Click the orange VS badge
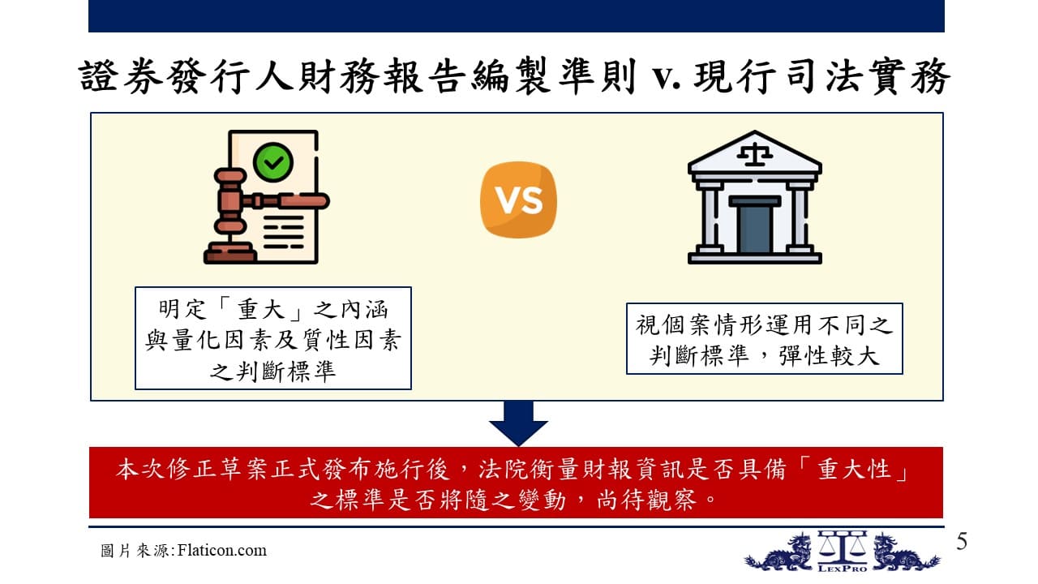pyautogui.click(x=518, y=200)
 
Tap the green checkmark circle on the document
pyautogui.click(x=273, y=161)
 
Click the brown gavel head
pyautogui.click(x=230, y=201)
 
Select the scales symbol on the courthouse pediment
pyautogui.click(x=754, y=154)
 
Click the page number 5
pyautogui.click(x=962, y=541)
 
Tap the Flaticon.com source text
pyautogui.click(x=222, y=550)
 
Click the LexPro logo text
pyautogui.click(x=843, y=569)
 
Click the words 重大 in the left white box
pyautogui.click(x=260, y=309)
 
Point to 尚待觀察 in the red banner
pyautogui.click(x=646, y=500)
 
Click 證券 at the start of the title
pyautogui.click(x=121, y=76)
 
